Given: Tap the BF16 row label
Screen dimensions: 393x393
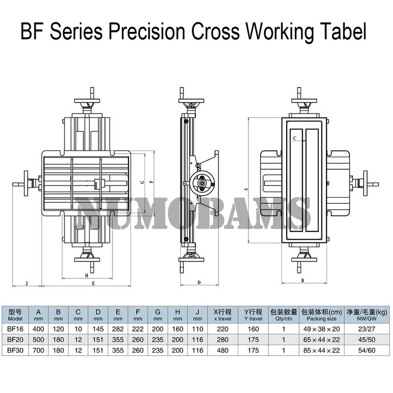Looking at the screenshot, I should pos(15,328).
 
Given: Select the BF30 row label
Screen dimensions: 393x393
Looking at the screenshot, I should pos(15,350).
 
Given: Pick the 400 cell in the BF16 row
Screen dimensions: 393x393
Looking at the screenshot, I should pos(38,328).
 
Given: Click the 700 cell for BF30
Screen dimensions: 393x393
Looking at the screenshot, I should pos(38,350).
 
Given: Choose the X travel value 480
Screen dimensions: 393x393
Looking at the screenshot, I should pos(223,350).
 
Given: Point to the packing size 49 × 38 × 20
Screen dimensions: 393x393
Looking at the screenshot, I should pos(321,328).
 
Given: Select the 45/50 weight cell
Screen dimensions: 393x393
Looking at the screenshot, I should pos(366,339).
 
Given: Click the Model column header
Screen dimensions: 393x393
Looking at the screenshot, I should pos(15,315).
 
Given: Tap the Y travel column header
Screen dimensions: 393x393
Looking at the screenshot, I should pos(253,315).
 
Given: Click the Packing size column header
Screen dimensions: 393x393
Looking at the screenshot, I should pos(321,315).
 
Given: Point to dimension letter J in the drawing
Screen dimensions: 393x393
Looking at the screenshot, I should pos(27,283).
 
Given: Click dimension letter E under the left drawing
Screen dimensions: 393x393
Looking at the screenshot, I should pos(93,283).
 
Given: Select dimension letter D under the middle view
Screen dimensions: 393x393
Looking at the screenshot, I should pos(199,282).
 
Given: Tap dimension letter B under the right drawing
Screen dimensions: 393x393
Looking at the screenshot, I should pos(303,280).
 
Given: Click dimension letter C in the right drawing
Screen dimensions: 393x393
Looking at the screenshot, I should pos(295,138).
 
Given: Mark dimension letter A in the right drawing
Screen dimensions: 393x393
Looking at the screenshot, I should pos(246,189).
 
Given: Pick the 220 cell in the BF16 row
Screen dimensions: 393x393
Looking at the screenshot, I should pos(223,328).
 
